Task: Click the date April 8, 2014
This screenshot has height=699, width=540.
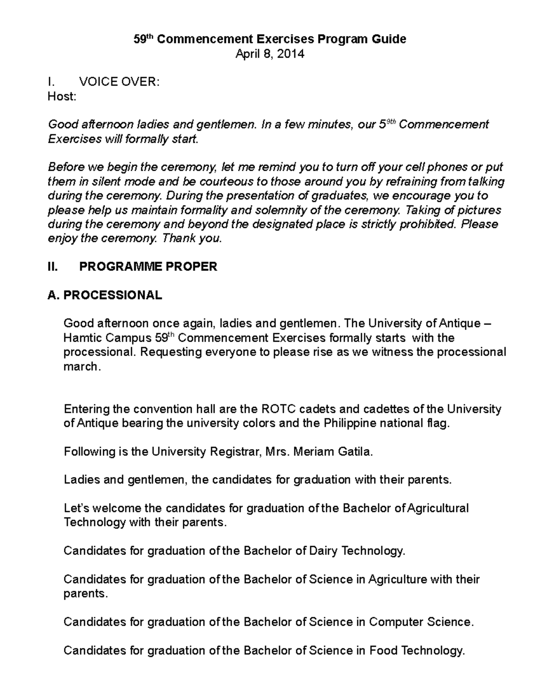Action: [x=270, y=54]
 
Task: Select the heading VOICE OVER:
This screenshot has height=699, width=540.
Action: [x=119, y=82]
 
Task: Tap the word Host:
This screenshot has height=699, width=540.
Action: [x=62, y=96]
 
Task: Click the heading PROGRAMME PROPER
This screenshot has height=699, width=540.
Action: [x=148, y=266]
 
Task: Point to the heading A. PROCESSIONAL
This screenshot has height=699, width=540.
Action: [x=104, y=295]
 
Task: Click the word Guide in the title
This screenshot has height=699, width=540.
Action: [x=388, y=39]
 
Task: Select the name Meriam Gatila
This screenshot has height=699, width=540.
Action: [x=333, y=451]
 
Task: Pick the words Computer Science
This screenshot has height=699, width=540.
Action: [x=421, y=622]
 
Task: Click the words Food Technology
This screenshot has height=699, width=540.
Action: [x=417, y=650]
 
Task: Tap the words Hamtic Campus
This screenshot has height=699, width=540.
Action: [x=108, y=338]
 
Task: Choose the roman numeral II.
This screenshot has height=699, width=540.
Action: [x=53, y=266]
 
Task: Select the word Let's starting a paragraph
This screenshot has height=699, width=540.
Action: [x=77, y=508]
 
